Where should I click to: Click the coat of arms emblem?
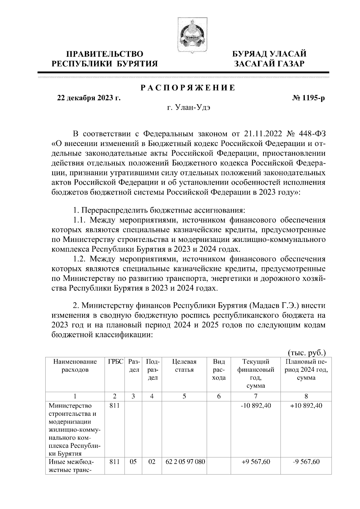point(188,35)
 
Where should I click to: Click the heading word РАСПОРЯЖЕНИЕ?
point(188,88)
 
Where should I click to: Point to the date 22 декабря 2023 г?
point(89,98)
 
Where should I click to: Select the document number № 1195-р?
point(308,98)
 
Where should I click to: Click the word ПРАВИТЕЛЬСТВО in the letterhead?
point(105,54)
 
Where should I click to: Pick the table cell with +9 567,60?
point(256,462)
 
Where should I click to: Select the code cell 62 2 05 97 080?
point(185,462)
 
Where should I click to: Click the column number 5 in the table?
point(184,396)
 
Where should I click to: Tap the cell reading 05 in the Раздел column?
point(133,462)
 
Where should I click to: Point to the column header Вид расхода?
point(219,370)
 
